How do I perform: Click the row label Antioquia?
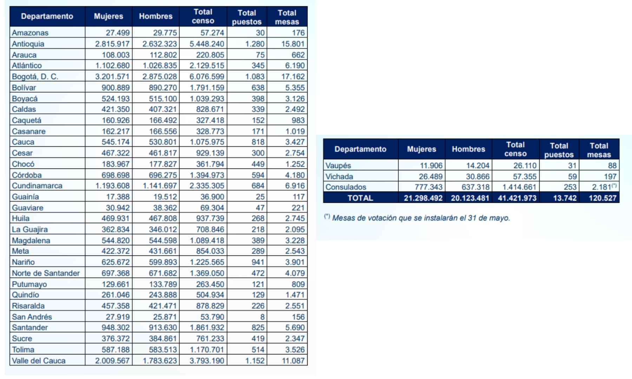[28, 44]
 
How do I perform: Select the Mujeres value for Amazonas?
[118, 33]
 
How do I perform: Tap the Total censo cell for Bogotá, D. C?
[207, 77]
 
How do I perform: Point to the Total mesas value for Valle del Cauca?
[293, 361]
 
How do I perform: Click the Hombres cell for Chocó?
[163, 164]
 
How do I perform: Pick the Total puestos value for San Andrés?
[262, 317]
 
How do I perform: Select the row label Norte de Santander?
[46, 273]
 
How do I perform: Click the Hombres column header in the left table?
[156, 16]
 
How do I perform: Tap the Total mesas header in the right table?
[599, 150]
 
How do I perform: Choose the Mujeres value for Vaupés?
[431, 166]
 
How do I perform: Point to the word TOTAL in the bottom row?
[360, 198]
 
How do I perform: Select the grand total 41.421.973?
[517, 198]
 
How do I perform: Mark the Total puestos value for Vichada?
[572, 177]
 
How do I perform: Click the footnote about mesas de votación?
[417, 218]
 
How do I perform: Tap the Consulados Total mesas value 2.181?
[601, 187]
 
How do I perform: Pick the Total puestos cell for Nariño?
[258, 262]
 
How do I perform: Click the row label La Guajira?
[30, 230]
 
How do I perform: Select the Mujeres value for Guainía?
[118, 197]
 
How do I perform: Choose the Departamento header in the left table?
[47, 16]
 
